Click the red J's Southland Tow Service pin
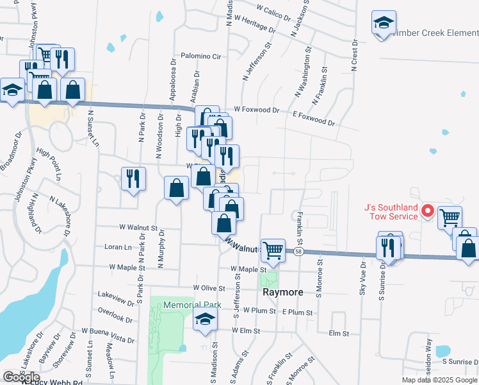coord(428,211)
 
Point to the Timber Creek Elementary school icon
coord(384,24)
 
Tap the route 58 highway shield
coord(299,252)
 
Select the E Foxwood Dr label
coord(314,118)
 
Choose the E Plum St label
coord(297,312)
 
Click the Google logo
coord(21,377)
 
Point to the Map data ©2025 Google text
coord(439,380)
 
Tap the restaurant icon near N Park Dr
coord(133,178)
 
